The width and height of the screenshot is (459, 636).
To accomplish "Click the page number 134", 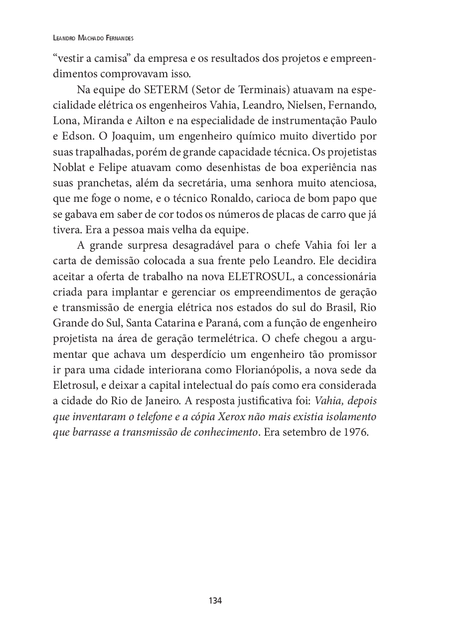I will pyautogui.click(x=215, y=601).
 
